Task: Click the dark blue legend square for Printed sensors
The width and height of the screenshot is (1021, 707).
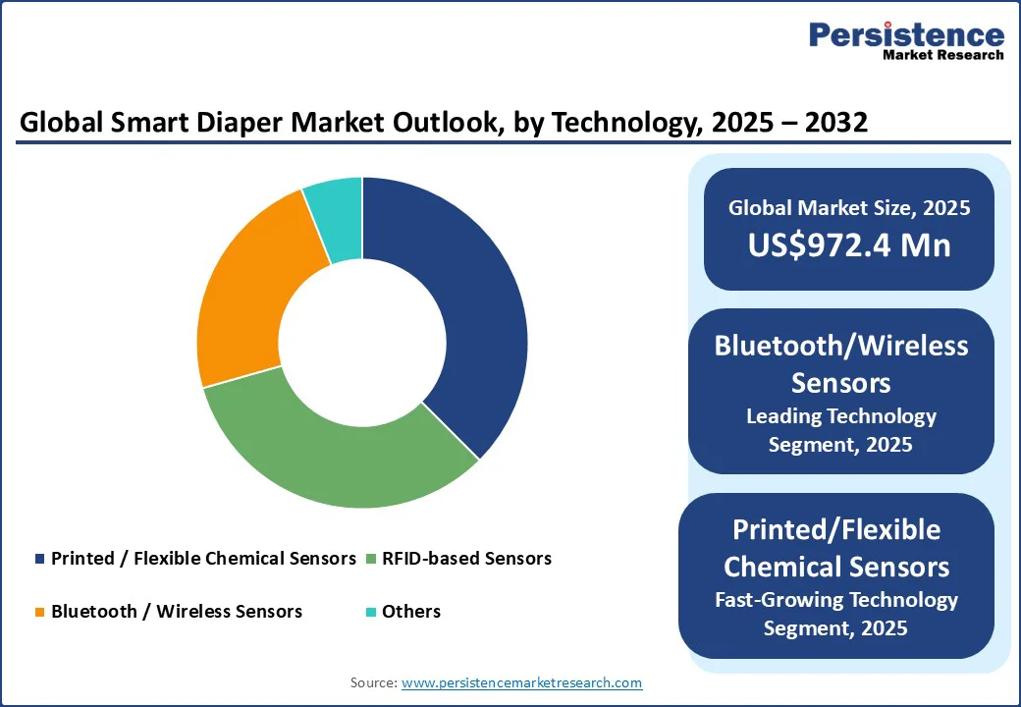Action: pos(39,559)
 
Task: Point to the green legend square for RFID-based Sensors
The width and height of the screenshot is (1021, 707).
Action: pos(370,559)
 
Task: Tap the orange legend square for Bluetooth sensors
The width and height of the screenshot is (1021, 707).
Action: pos(39,612)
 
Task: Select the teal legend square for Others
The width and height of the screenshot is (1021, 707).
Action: pos(370,612)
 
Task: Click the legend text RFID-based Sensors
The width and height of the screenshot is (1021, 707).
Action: pos(467,559)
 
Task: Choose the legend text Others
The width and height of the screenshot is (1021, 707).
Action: pos(411,612)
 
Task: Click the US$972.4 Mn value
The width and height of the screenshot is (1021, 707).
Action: pos(849,245)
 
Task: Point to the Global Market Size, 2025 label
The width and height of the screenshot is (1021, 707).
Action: pos(849,207)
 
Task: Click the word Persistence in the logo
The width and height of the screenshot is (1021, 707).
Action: pos(906,35)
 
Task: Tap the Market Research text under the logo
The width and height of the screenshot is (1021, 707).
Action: pos(942,55)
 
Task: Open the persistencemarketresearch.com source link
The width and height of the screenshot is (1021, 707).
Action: pos(521,682)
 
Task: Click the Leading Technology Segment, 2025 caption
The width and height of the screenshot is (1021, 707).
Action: pos(840,430)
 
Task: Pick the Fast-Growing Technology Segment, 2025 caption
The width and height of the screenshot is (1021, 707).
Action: pos(835,614)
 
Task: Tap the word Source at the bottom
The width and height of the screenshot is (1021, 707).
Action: pos(372,682)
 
